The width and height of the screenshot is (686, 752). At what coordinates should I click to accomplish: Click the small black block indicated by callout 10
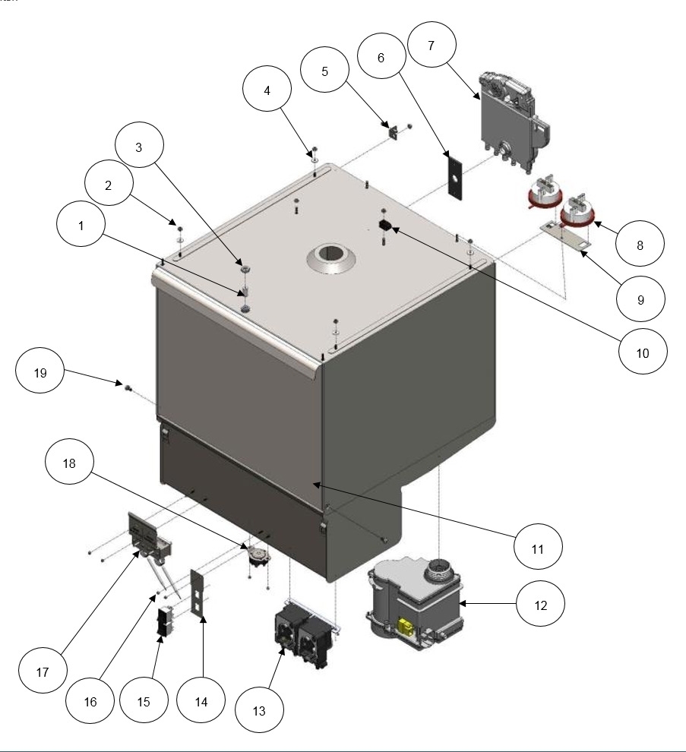(384, 226)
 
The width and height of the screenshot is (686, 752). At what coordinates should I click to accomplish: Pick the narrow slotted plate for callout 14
(200, 596)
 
